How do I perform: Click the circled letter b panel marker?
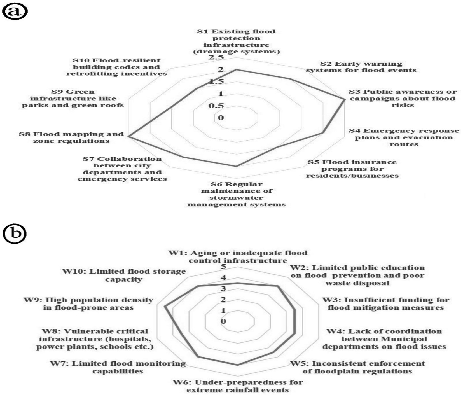pos(15,233)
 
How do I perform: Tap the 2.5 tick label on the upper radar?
pos(216,57)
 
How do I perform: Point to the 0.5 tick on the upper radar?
pos(216,106)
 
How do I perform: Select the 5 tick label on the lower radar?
pos(223,266)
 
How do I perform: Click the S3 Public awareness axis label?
pos(403,98)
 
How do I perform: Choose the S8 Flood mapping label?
pos(71,137)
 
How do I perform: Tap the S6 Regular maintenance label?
pos(237,194)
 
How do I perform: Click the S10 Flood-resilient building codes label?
pos(116,67)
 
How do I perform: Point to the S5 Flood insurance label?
pos(352,169)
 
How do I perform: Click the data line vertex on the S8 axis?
pos(128,137)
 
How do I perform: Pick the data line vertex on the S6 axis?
pos(236,167)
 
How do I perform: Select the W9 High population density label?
pos(88,304)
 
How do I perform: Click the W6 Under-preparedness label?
pos(237,386)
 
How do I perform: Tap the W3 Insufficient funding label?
pos(386,304)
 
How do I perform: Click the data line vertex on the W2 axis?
pos(278,286)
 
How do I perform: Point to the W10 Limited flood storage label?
pos(124,275)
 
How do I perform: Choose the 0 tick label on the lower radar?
pos(223,321)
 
